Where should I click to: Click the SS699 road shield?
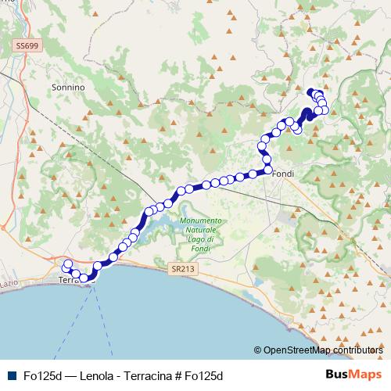point(27,47)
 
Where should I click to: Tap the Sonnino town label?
point(67,88)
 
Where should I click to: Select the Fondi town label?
point(282,175)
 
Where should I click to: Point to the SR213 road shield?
point(179,267)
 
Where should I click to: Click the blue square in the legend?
point(11,376)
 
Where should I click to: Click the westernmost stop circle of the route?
point(67,264)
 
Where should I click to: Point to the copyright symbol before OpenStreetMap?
point(257,350)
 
